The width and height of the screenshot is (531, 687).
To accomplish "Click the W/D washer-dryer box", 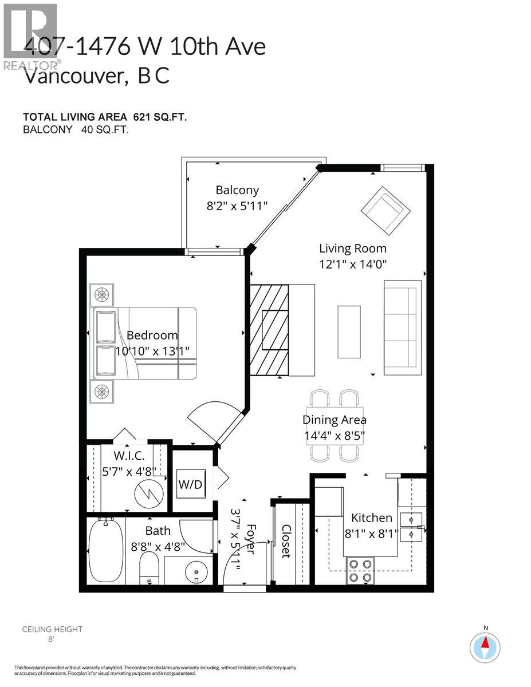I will (191, 484).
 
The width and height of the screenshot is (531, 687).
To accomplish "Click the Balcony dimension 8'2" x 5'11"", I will (237, 206).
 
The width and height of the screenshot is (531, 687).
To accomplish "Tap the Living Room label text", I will (352, 248).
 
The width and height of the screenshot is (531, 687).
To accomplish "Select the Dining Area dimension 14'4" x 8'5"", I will (335, 435).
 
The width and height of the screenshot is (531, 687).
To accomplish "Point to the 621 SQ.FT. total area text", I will (160, 117).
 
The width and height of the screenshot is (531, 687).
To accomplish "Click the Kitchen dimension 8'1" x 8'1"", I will (371, 532).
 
